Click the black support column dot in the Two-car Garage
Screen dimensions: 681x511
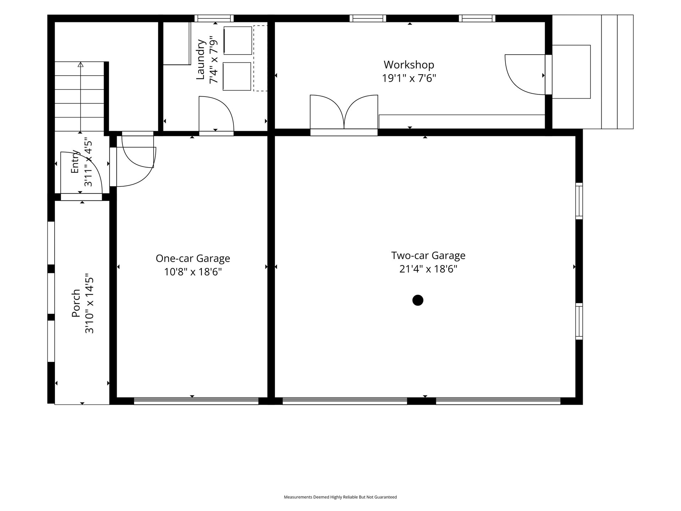(418, 300)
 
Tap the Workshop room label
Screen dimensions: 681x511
(409, 65)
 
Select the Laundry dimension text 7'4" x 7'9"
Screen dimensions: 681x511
(214, 60)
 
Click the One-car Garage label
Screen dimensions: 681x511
(193, 258)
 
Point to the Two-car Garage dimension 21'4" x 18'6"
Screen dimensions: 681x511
(428, 269)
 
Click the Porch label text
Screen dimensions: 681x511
(76, 303)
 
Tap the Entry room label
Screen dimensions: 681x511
(75, 161)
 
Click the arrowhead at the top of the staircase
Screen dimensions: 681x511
(81, 65)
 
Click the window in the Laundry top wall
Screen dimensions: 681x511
(214, 18)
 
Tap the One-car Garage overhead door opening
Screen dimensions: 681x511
(196, 401)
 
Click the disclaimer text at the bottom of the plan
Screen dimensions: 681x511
(340, 497)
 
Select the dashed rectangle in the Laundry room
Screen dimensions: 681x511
(260, 58)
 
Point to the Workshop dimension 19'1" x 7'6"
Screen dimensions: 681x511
(409, 78)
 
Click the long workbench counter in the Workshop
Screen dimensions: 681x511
(462, 122)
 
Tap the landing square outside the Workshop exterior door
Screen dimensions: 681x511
(571, 72)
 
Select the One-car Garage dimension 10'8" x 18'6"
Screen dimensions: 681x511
(193, 272)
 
